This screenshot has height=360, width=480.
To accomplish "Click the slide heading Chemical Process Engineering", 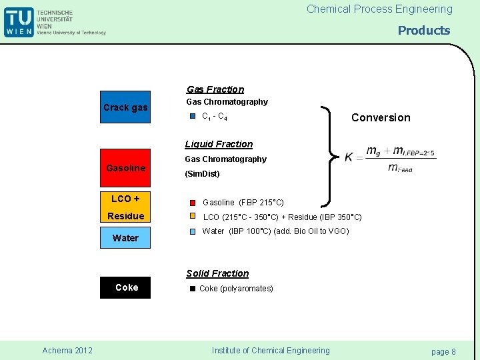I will tap(379, 9).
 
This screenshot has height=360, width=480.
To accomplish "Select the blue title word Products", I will tap(424, 31).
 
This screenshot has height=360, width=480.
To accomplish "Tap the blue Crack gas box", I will tap(125, 107).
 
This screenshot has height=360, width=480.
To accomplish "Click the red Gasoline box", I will tap(125, 168).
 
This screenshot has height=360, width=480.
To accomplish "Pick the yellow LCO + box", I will tap(125, 199).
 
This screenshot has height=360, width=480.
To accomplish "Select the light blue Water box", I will tap(125, 238).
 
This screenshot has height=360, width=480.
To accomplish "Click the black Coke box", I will tap(125, 287).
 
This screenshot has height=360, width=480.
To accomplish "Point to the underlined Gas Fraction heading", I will tap(215, 89).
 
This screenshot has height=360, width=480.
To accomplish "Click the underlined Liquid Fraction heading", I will tap(219, 144).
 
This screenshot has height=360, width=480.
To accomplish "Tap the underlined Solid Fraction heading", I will tap(217, 273).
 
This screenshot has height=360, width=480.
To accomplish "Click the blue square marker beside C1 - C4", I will tap(192, 116).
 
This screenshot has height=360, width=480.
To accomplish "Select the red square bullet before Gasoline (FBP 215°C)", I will tap(192, 202).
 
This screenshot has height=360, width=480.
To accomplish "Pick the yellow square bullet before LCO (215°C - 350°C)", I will tap(192, 217).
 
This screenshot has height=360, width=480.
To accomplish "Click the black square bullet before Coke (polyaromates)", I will tap(192, 289).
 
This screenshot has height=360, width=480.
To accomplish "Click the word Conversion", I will tap(381, 118).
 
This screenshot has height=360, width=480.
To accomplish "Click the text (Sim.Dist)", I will tap(202, 174).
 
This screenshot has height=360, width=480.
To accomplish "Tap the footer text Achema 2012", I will tap(67, 351).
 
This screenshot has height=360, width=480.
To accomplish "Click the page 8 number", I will tap(443, 351).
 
